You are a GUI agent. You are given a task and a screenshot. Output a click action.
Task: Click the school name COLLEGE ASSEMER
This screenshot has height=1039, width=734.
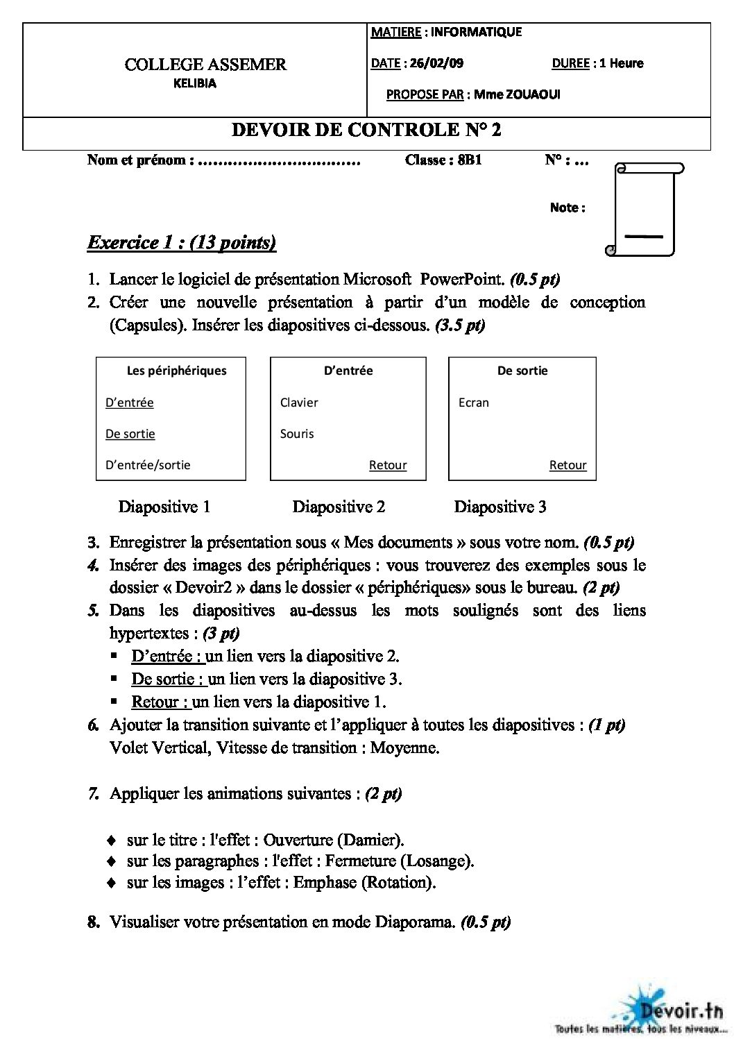tap(205, 65)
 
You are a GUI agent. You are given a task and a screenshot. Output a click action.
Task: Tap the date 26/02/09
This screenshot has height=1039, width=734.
tap(436, 63)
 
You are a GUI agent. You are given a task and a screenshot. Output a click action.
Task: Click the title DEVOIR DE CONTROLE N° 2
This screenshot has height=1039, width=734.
tap(366, 130)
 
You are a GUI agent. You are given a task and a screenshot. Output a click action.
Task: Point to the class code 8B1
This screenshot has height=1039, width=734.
tap(470, 160)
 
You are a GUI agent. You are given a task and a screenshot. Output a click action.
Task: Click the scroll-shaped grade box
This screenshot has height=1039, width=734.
tap(645, 209)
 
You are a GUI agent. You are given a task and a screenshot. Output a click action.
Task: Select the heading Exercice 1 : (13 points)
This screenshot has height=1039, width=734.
tap(182, 242)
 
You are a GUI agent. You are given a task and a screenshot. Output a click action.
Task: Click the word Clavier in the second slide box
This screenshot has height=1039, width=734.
tap(299, 403)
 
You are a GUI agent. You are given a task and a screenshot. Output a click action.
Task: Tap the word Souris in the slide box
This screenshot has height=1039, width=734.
tap(297, 434)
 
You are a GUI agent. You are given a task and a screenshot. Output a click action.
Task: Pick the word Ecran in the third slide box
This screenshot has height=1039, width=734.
tap(474, 403)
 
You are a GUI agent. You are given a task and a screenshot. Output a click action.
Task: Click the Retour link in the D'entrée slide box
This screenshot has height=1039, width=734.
tap(388, 465)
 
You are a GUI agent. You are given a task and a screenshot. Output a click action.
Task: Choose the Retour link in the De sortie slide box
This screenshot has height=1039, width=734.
tap(568, 465)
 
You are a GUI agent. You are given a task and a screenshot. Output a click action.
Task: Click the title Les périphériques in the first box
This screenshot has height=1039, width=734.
tap(176, 371)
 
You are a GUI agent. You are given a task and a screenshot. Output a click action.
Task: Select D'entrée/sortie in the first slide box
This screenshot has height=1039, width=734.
tap(148, 465)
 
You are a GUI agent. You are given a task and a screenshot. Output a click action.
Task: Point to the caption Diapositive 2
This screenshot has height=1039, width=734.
tap(339, 507)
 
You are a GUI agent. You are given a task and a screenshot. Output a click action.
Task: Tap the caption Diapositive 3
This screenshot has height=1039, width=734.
tap(500, 507)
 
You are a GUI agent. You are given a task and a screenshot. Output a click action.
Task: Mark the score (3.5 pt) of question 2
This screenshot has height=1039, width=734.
tap(460, 326)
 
